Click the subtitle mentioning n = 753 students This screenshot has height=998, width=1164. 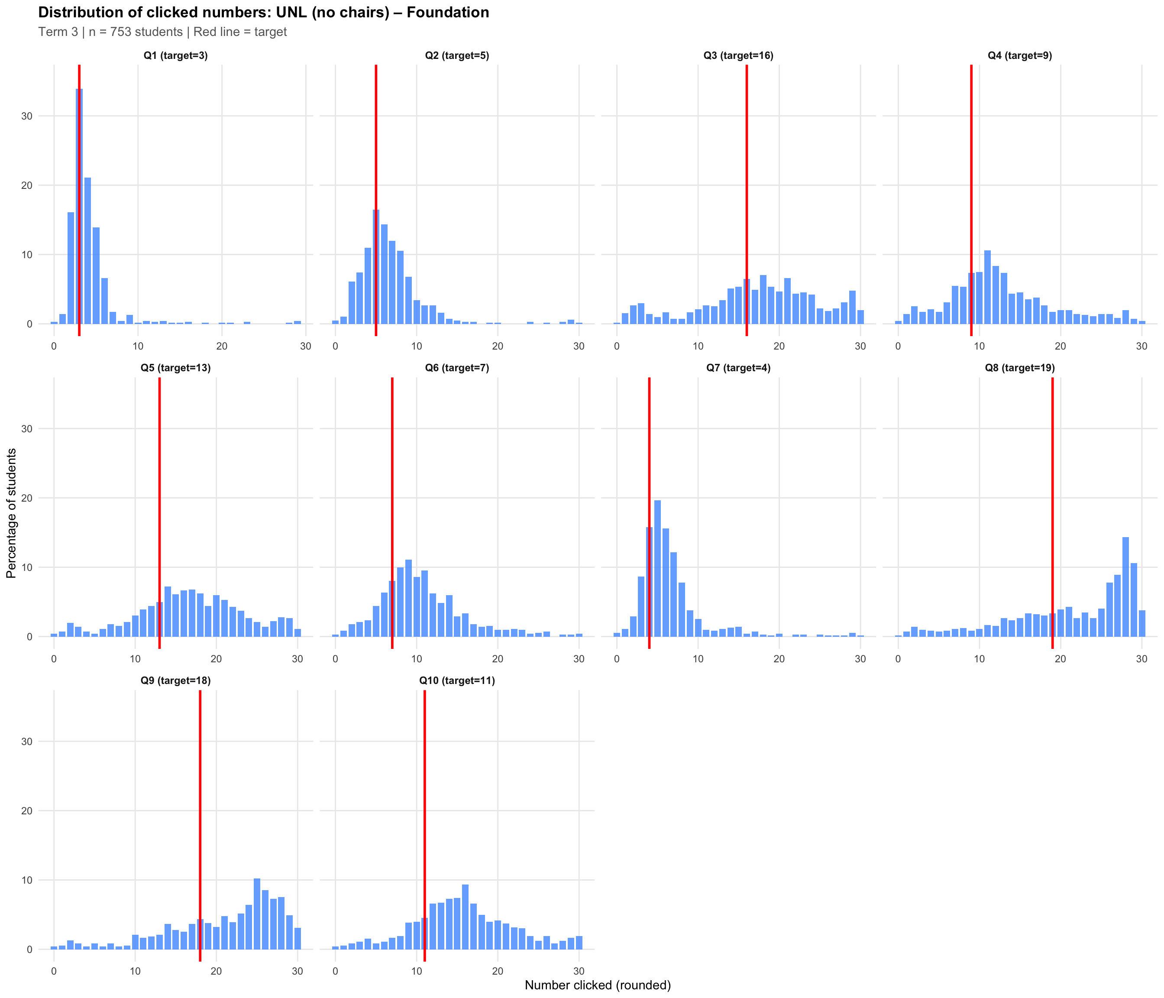pos(162,32)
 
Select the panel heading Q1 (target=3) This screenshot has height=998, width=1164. pos(175,55)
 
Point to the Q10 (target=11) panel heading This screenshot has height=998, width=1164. pos(457,680)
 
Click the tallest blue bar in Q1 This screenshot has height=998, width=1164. pos(79,208)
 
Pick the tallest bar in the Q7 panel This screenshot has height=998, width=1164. pos(657,567)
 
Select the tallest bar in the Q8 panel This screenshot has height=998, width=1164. pos(1125,587)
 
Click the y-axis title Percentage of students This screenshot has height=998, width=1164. pos(11,513)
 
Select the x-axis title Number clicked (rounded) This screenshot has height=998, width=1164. pos(597,985)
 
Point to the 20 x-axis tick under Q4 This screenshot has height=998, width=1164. pos(1060,346)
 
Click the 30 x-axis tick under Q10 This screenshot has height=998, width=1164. pos(579,971)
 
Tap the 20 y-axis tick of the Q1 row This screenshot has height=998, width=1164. pos(26,185)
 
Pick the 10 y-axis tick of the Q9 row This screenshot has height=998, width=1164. pos(26,880)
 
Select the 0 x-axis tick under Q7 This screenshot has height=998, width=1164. pos(616,658)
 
